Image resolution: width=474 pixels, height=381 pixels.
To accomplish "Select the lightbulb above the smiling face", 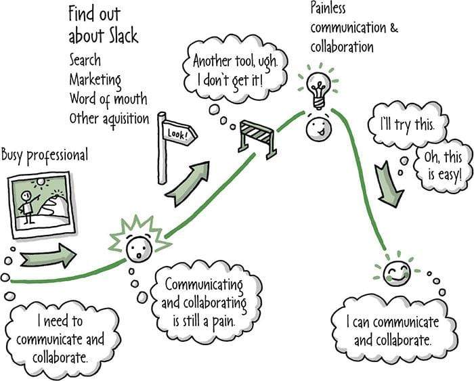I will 318,85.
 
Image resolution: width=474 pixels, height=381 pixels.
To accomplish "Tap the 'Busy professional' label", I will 44,155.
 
